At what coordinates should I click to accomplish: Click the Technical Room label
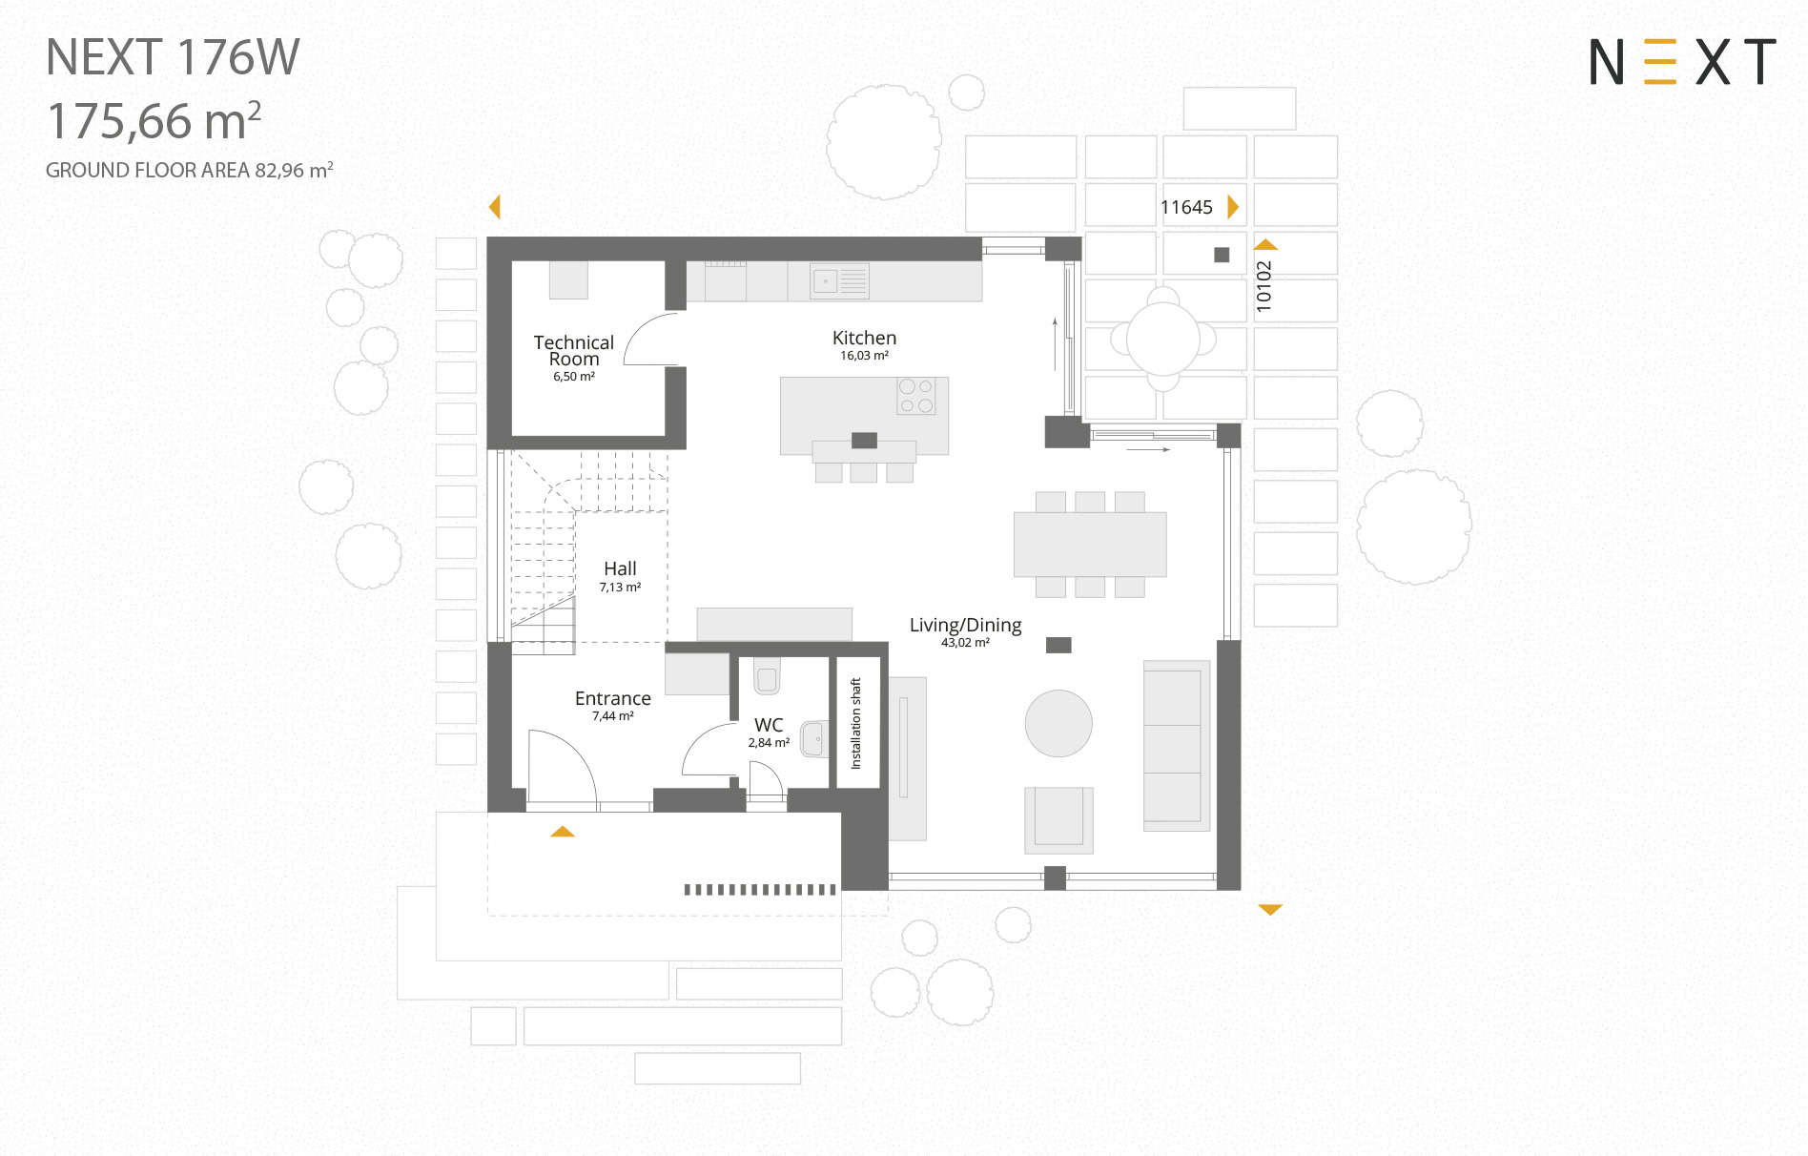pos(573,350)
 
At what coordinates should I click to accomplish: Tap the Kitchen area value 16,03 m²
pos(864,356)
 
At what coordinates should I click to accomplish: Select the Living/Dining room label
pos(965,626)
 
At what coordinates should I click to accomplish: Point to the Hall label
pos(620,568)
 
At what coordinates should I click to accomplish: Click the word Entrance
pos(612,698)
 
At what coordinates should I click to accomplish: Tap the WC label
pos(769,725)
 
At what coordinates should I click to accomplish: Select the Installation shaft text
pos(855,723)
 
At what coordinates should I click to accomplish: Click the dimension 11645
pos(1186,207)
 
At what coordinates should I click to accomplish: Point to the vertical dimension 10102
pos(1264,286)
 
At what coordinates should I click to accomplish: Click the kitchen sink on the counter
pos(839,281)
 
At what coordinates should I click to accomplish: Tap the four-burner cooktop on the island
pos(915,396)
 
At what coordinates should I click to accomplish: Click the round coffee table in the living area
pos(1058,723)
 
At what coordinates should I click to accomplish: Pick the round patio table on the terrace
pos(1163,339)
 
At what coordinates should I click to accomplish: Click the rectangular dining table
pos(1090,544)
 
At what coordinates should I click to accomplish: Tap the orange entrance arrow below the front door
pos(563,832)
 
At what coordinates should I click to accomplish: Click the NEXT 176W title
pos(173,57)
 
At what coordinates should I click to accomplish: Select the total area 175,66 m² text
pos(154,120)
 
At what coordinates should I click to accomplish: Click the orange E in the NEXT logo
pos(1660,62)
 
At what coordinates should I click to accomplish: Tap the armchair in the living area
pos(1058,819)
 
